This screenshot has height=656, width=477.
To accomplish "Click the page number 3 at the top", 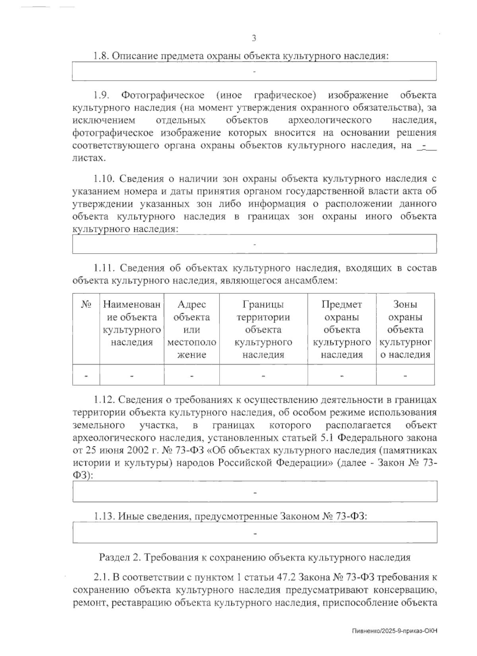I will point(254,38).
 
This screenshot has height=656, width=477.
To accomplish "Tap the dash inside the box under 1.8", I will point(254,72).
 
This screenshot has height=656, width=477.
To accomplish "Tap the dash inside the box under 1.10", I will point(254,244).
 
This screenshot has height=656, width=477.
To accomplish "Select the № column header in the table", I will point(86,305).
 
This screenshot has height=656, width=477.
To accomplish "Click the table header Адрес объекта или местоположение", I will point(192,329).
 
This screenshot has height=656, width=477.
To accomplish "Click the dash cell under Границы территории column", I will point(263,375).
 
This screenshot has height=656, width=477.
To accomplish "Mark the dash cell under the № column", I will point(86,375).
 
